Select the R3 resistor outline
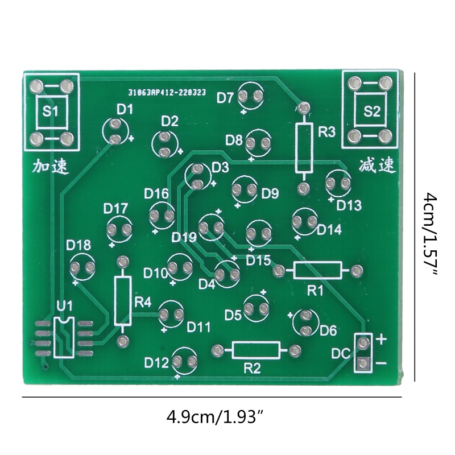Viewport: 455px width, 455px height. pyautogui.click(x=304, y=147)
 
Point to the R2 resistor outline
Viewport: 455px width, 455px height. pyautogui.click(x=256, y=350)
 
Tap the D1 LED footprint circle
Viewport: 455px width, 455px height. pyautogui.click(x=115, y=131)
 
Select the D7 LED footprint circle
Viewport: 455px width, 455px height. pyautogui.click(x=251, y=97)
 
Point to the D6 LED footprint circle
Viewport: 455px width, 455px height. pyautogui.click(x=305, y=322)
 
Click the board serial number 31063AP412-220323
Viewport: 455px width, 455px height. pyautogui.click(x=167, y=91)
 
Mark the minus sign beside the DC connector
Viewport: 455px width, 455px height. pyautogui.click(x=381, y=362)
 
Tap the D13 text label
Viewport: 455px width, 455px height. pyautogui.click(x=349, y=205)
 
